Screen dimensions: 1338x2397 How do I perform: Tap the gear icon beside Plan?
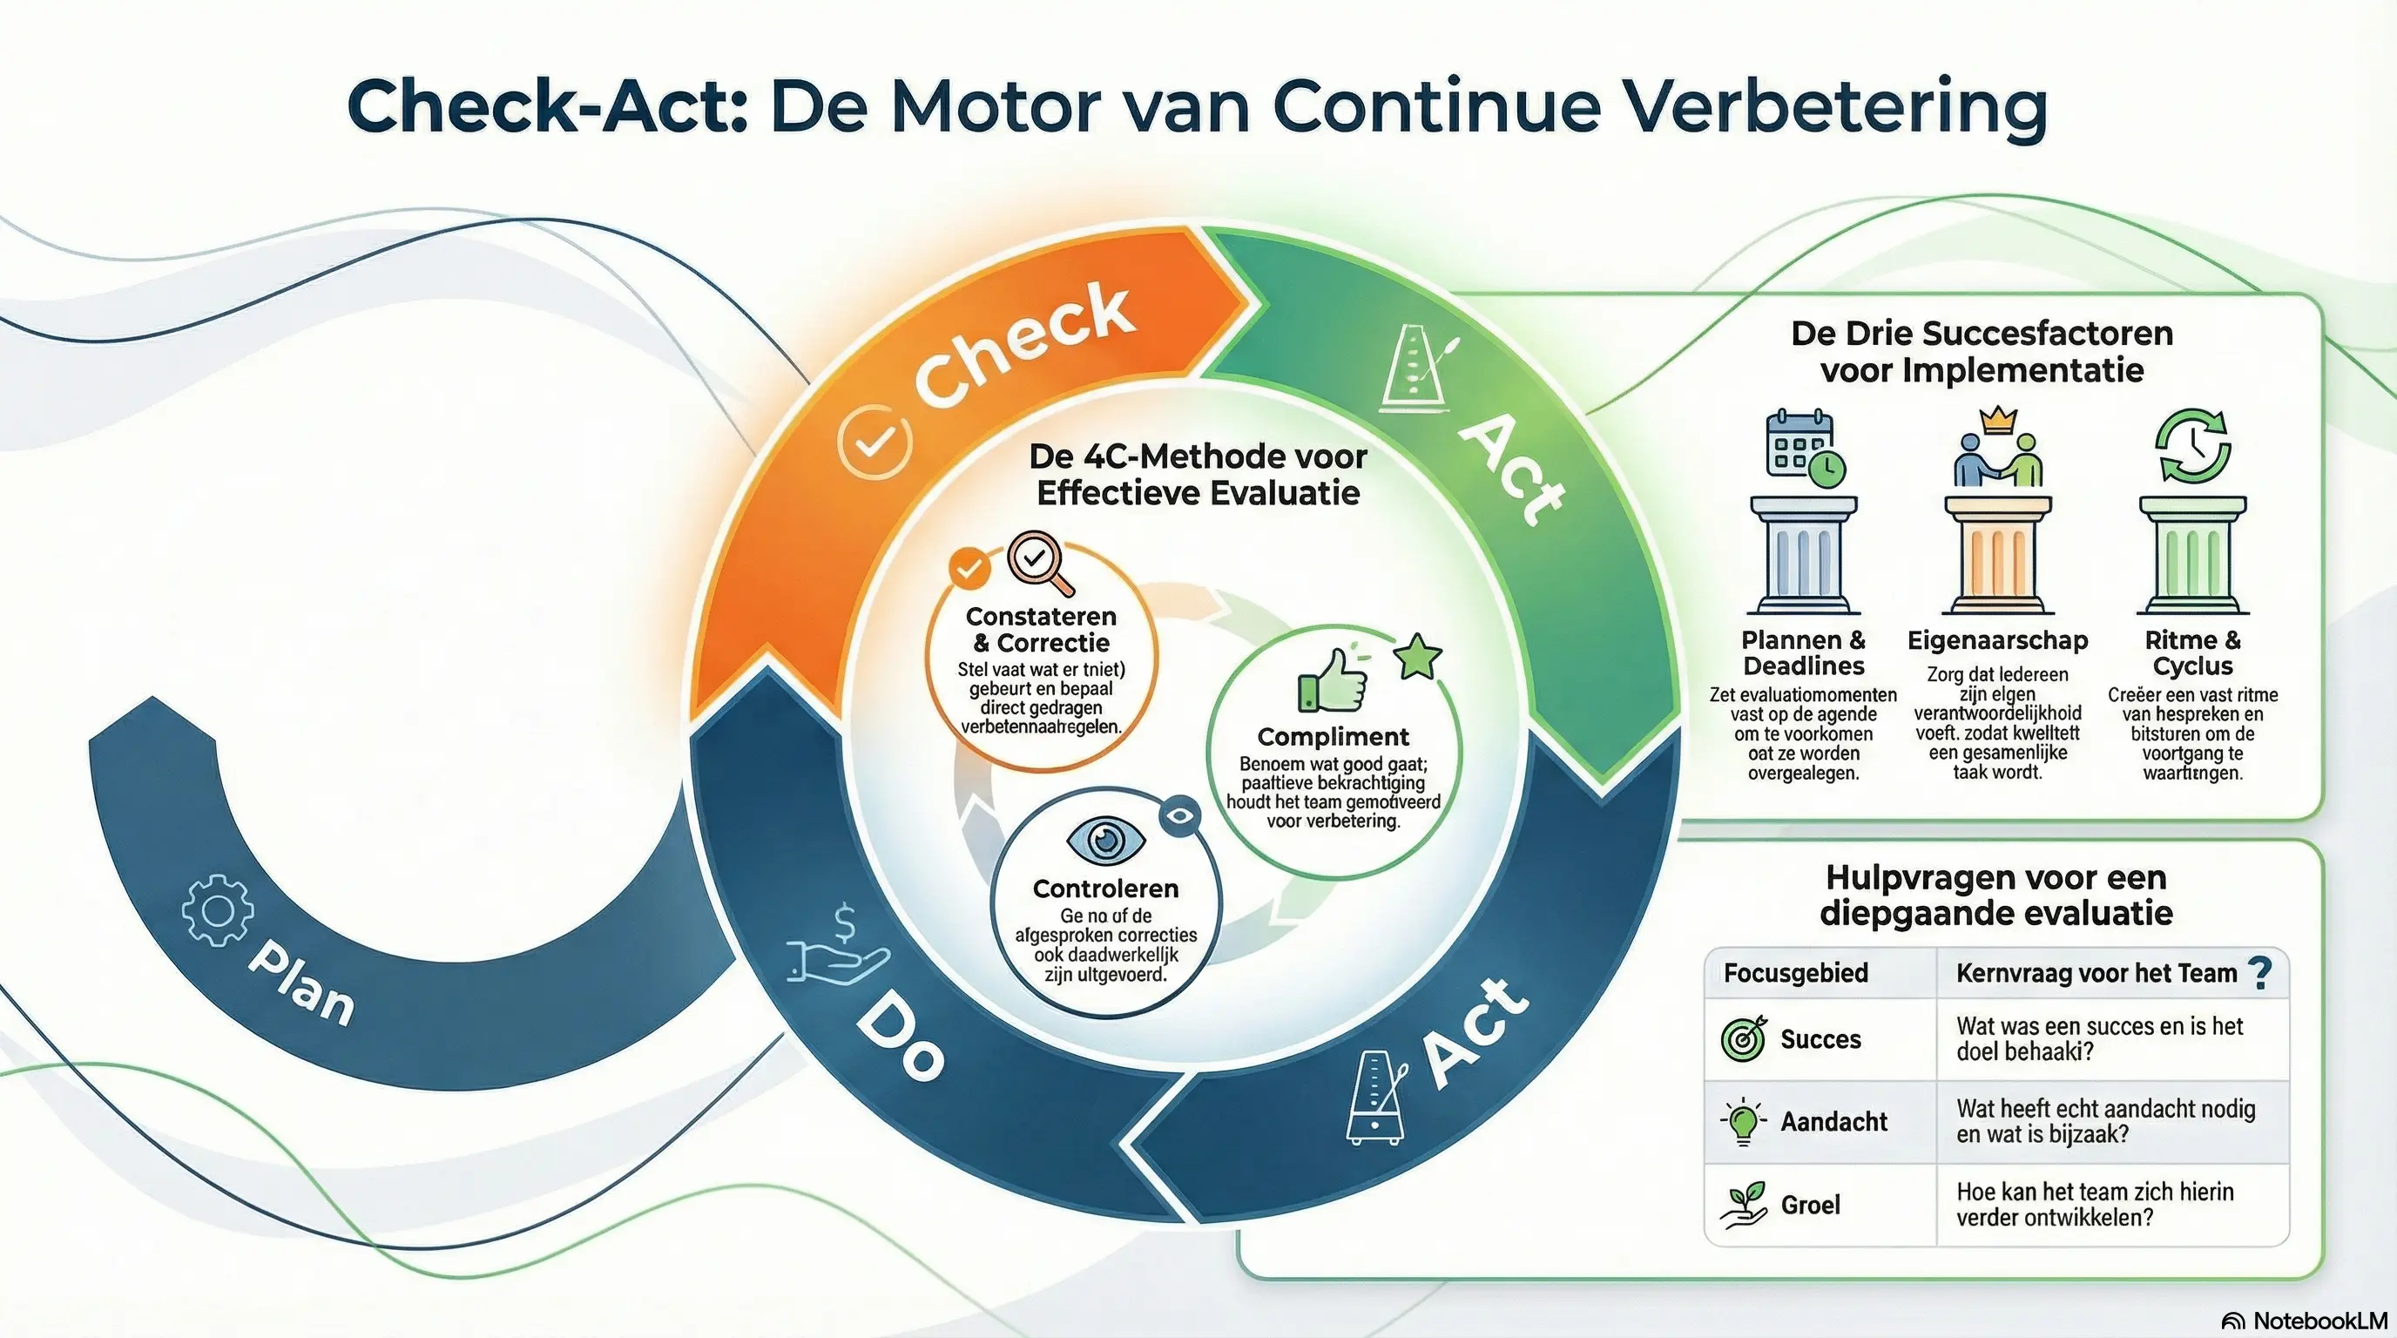(x=217, y=911)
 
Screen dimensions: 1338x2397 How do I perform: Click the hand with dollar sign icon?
(x=837, y=949)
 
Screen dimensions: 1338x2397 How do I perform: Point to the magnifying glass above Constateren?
(x=1038, y=561)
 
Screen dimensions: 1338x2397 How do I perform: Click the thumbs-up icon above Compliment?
(x=1333, y=680)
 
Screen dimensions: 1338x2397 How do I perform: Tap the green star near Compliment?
(x=1417, y=656)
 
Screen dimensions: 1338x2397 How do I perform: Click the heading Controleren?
(x=1105, y=889)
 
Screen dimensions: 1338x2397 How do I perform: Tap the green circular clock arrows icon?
(x=2192, y=446)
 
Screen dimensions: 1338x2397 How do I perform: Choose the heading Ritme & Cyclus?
(x=2192, y=653)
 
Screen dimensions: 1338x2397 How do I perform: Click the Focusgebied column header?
(x=1795, y=973)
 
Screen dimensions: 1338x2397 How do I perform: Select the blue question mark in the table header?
(x=2259, y=973)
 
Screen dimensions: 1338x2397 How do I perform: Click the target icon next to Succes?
(x=1743, y=1038)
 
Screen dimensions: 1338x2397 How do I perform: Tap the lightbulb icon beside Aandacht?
(x=1741, y=1121)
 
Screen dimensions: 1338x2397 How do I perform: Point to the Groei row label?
(x=1810, y=1205)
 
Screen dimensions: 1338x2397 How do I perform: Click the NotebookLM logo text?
(x=2319, y=1321)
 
